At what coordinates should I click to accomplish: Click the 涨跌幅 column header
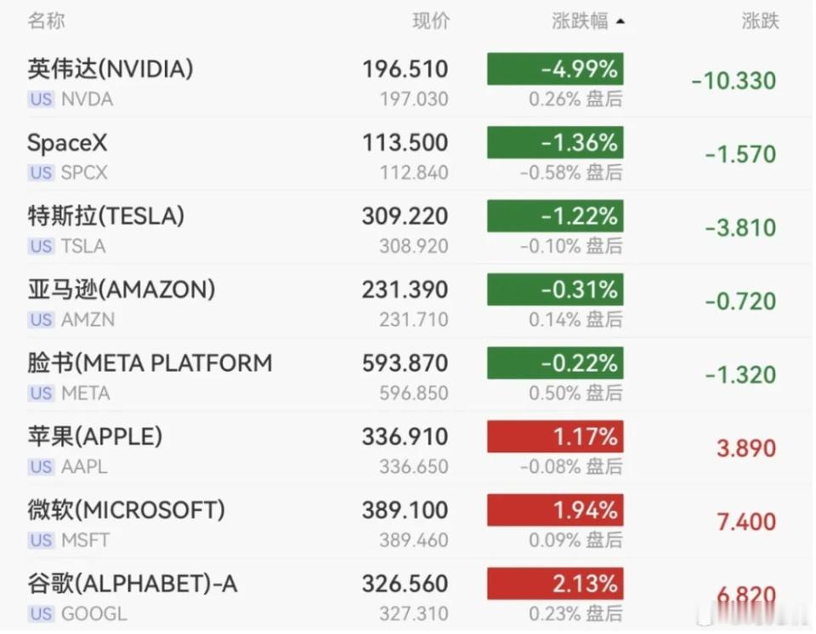pos(580,21)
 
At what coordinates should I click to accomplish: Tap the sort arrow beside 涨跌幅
pos(620,22)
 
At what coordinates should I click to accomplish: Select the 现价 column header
pos(431,21)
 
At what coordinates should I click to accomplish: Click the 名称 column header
pos(46,21)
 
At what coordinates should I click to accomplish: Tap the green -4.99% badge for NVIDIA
pos(555,69)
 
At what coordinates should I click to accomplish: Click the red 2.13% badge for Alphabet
pos(555,584)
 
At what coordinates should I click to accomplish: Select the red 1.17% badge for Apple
pos(555,437)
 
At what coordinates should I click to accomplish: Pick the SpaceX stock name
pos(67,143)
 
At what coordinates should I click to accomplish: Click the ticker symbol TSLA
pos(83,246)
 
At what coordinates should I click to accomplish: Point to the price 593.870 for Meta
pos(405,363)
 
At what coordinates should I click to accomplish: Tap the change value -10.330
pos(734,81)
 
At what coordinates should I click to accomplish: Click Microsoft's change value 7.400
pos(746,522)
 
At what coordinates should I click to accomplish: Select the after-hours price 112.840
pos(414,173)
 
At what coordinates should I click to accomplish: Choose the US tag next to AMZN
pos(41,319)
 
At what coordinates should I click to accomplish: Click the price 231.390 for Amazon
pos(405,289)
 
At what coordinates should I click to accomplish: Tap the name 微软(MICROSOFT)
pos(127,510)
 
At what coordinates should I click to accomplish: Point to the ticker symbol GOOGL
pos(94,614)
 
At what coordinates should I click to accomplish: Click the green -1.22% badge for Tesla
pos(555,216)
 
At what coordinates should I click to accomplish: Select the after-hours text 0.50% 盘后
pos(575,393)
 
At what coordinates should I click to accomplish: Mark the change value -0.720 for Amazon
pos(740,301)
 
